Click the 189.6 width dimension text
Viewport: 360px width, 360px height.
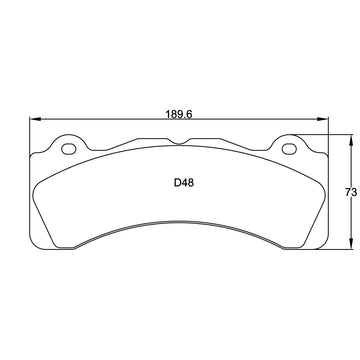tap(179, 114)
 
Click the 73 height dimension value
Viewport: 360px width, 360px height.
tap(351, 192)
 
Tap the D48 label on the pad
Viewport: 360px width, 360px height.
tap(184, 183)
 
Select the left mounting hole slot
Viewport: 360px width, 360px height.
tap(69, 149)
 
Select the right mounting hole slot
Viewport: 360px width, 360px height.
tap(289, 149)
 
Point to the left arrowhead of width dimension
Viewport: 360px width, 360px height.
tap(35, 119)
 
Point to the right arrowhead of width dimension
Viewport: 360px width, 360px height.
tap(322, 119)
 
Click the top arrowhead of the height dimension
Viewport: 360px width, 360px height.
tap(350, 140)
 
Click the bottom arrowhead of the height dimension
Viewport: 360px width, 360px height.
tap(350, 243)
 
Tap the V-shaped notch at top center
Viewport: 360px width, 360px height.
tap(179, 143)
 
